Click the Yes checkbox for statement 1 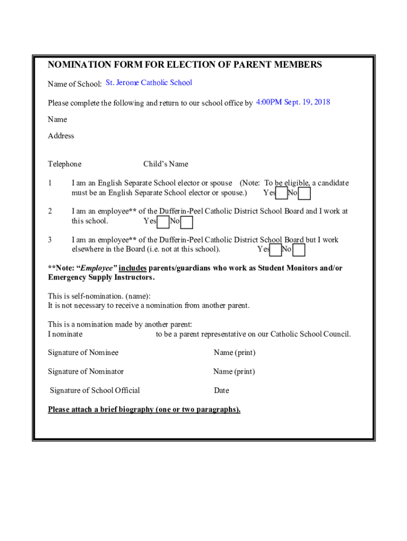click(282, 193)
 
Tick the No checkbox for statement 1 click(304, 194)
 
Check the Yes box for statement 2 click(163, 222)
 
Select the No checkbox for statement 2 click(187, 222)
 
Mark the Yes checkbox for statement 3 click(275, 250)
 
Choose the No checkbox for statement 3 click(299, 250)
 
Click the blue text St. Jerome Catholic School click(149, 82)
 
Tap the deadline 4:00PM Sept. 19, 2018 click(293, 102)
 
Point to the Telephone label click(64, 164)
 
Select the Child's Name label click(165, 164)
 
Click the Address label click(61, 136)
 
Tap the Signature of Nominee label click(83, 352)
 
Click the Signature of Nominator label click(86, 371)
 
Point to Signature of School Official click(95, 390)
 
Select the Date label click(221, 390)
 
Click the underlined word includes click(132, 268)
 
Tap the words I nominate click(65, 334)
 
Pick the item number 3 click(50, 240)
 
